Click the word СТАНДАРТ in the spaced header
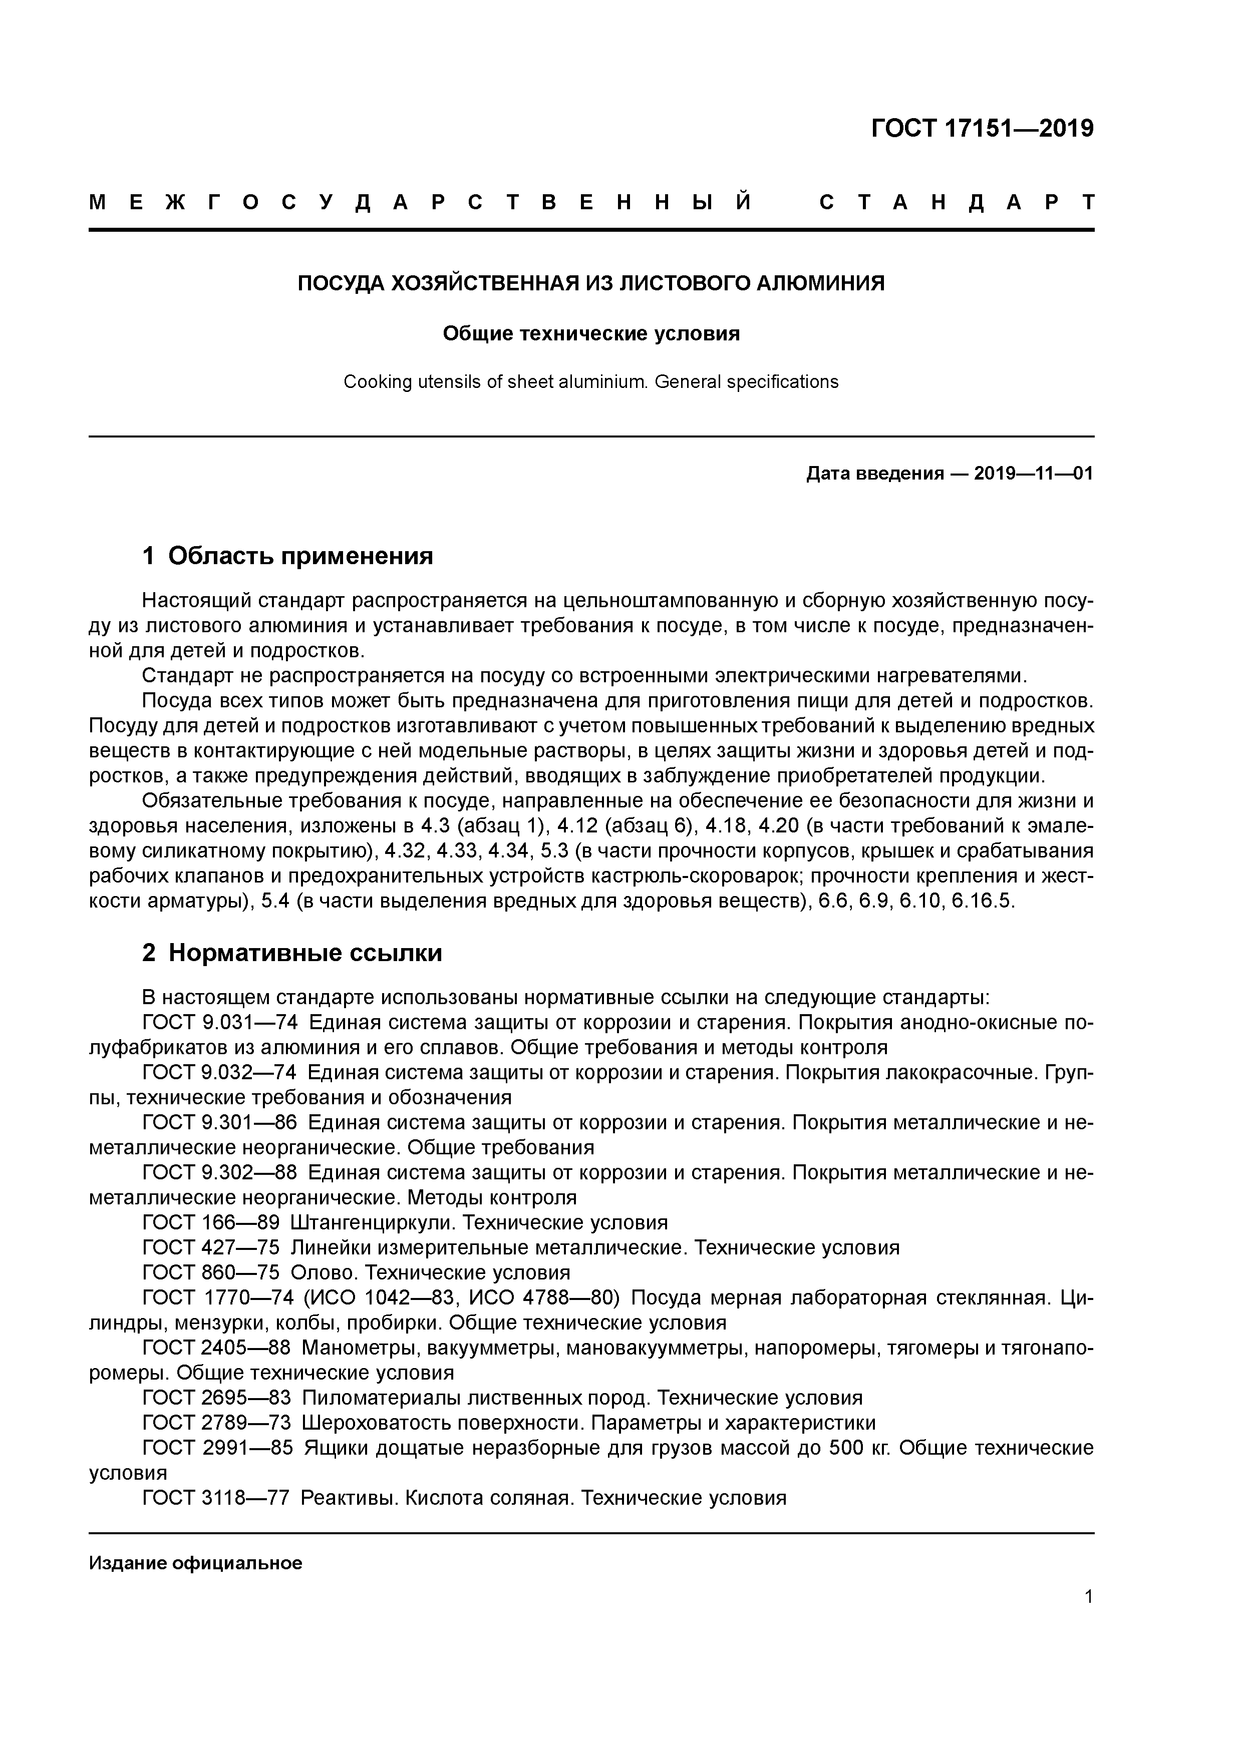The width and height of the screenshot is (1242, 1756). [x=957, y=203]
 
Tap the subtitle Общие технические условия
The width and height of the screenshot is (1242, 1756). [x=591, y=334]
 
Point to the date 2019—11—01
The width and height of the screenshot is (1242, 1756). [x=1033, y=474]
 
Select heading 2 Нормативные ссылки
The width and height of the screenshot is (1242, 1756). [x=292, y=953]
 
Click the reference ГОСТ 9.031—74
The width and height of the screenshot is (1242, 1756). [x=220, y=1023]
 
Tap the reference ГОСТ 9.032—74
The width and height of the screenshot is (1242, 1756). [x=220, y=1073]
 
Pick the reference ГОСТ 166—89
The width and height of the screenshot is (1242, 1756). [x=210, y=1222]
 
